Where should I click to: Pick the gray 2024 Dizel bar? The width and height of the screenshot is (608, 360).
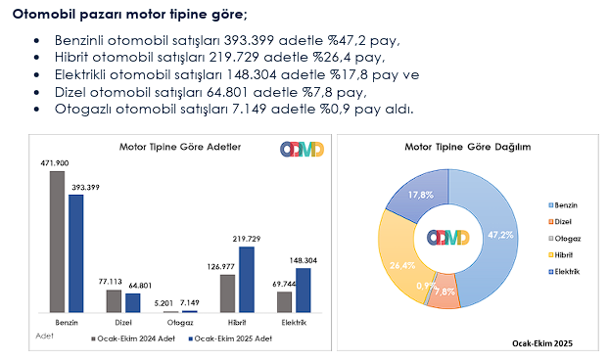(114, 301)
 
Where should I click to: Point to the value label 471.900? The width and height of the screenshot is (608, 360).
(55, 162)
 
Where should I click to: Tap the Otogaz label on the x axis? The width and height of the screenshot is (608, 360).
(179, 321)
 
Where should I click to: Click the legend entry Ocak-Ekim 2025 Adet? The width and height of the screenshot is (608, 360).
(231, 338)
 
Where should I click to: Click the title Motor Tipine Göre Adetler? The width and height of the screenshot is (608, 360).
(180, 147)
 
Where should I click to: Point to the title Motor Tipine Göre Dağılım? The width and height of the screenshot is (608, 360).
(467, 147)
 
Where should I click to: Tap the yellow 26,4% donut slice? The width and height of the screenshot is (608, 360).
(398, 263)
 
